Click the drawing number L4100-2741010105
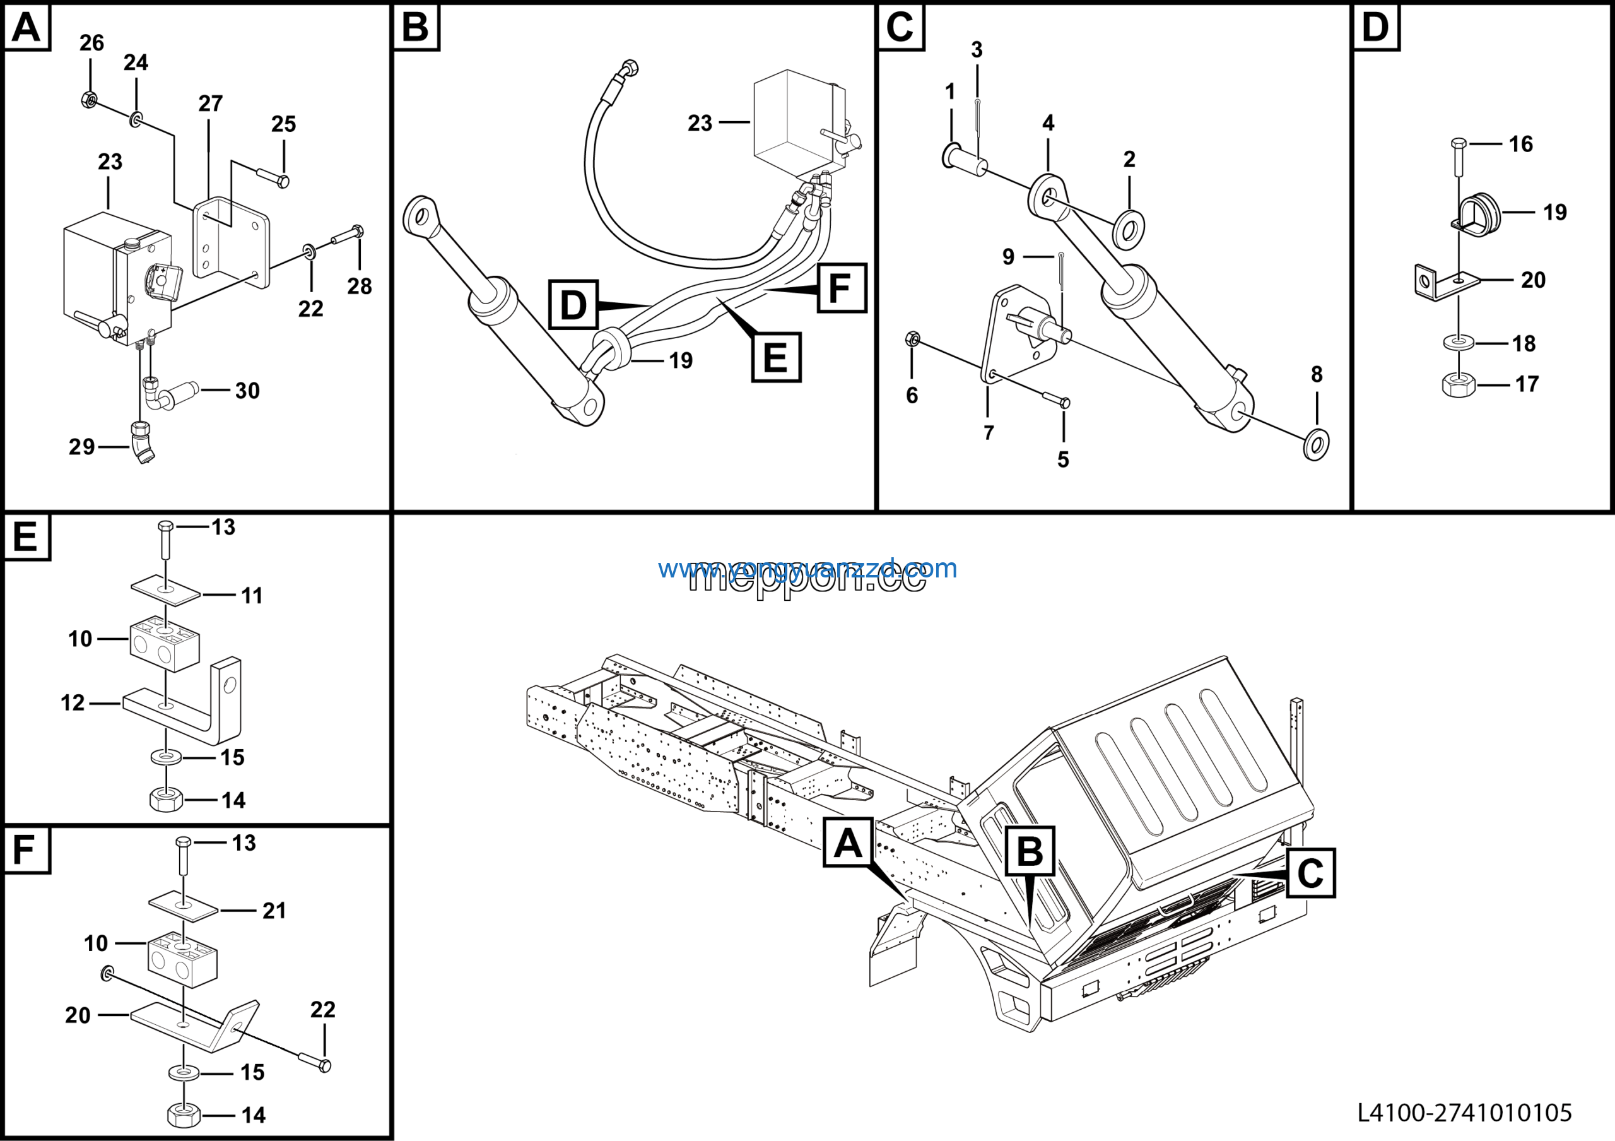[x=1464, y=1112]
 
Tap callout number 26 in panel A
[x=91, y=43]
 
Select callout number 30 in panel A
[x=247, y=391]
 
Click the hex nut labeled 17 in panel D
[x=1458, y=384]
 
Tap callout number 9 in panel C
[x=1008, y=257]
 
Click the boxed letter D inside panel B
[x=573, y=305]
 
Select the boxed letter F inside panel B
[x=842, y=288]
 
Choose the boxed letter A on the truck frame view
[x=848, y=842]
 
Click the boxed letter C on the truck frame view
[x=1310, y=873]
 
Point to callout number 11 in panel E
[x=252, y=596]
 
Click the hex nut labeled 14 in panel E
[x=167, y=800]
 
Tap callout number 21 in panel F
[x=274, y=911]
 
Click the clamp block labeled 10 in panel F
[x=182, y=959]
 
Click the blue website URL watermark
[x=807, y=568]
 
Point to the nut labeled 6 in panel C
[x=912, y=339]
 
